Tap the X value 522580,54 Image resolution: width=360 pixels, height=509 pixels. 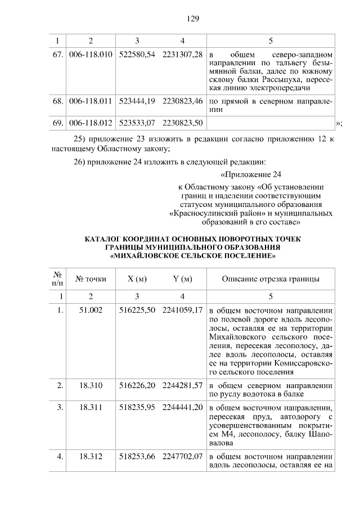pos(137,55)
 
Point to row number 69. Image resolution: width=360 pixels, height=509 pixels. pos(57,122)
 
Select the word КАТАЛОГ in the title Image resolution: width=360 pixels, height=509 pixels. pos(106,239)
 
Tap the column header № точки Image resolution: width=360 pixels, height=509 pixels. pos(91,279)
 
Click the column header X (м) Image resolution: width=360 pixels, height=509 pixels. pos(137,279)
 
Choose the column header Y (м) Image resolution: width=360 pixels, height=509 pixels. pos(182,279)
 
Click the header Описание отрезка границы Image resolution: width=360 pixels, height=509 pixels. pos(271,279)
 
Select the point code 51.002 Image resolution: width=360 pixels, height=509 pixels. pos(91,310)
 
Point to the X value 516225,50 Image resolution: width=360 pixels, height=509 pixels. pos(137,310)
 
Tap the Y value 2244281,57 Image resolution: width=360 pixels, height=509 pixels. pos(182,386)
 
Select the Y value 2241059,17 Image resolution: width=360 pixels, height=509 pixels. pos(182,310)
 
